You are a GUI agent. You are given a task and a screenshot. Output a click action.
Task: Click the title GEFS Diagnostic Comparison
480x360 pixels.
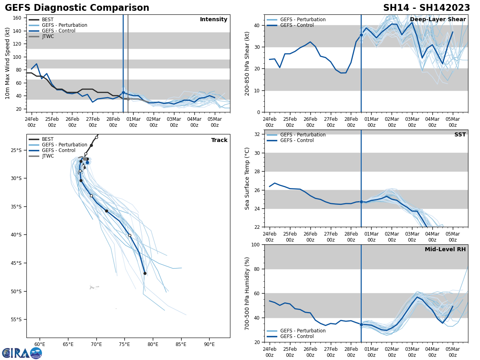[x=77, y=8]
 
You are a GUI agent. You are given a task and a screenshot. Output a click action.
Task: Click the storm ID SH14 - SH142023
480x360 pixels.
[x=426, y=8]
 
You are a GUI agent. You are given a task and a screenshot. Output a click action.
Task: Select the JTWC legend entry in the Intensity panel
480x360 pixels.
[x=48, y=36]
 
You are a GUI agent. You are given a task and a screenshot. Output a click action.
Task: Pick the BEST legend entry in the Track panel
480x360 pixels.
[x=47, y=139]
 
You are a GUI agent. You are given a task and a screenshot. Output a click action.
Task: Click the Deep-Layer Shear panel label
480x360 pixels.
[x=438, y=20]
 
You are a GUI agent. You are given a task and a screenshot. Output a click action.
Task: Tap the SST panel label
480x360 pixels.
[x=460, y=135]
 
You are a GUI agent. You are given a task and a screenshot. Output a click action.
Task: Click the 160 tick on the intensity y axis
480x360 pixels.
[x=18, y=18]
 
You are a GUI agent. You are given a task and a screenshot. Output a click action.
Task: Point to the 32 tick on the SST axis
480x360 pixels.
[x=258, y=134]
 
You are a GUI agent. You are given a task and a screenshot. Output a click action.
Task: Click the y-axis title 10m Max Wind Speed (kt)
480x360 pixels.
[x=8, y=63]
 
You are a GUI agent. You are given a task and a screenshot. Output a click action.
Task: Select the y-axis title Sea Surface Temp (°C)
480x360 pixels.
[x=247, y=178]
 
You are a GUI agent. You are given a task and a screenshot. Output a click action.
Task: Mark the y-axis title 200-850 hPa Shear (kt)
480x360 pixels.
[x=247, y=63]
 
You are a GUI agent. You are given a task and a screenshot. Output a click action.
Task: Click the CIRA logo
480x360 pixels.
[x=22, y=353]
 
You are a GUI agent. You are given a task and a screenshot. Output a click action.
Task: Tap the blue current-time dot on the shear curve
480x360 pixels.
[x=361, y=35]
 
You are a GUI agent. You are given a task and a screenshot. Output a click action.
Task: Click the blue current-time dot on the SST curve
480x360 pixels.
[x=361, y=202]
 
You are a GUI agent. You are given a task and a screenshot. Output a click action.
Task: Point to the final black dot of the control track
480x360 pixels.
[x=145, y=273]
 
